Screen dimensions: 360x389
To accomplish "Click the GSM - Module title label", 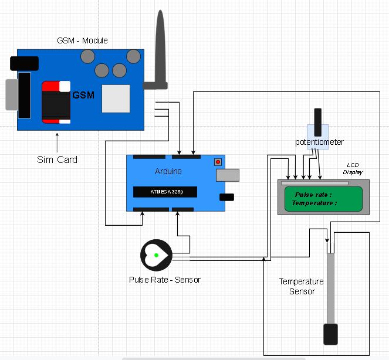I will pos(82,40).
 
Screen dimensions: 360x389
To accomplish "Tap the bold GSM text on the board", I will pos(83,95).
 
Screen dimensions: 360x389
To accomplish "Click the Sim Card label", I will pos(57,159).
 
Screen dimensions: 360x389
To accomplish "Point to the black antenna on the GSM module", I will pos(160,53).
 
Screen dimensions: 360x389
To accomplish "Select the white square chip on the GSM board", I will pos(116,99).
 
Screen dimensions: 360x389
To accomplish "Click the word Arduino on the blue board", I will pos(168,171).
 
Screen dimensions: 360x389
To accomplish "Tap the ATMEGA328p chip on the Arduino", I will pos(164,192).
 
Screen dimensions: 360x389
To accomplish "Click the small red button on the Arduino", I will pos(218,161).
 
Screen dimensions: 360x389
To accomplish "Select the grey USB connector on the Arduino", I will pos(228,175).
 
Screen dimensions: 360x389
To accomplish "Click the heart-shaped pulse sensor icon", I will pos(155,255).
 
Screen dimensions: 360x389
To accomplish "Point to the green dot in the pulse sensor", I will pos(156,255).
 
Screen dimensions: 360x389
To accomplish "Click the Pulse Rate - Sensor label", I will pos(165,280).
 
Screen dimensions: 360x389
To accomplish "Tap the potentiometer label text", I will pos(319,142).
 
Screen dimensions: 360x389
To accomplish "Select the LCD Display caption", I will pos(353,169).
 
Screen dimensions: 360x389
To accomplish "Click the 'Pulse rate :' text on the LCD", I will pos(313,195).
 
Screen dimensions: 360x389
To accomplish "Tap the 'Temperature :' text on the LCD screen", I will pos(314,203).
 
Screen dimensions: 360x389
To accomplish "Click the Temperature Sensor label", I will pos(297,286).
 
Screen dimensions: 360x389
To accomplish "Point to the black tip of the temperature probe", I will pos(331,334).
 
